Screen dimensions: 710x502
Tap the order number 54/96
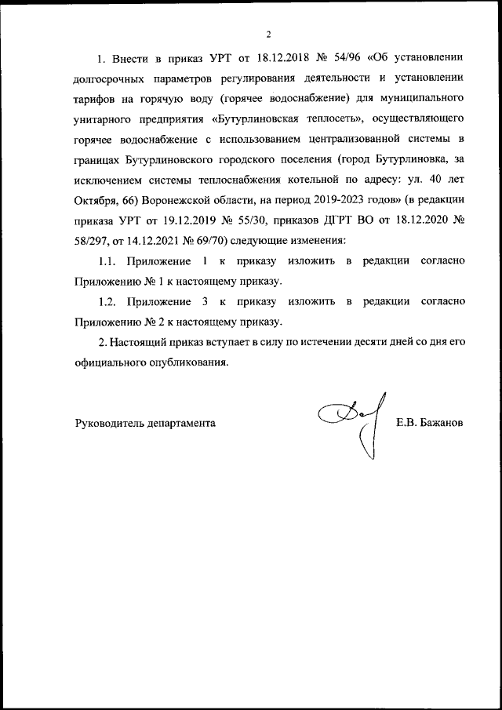click(361, 59)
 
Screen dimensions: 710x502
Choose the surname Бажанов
click(442, 422)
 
